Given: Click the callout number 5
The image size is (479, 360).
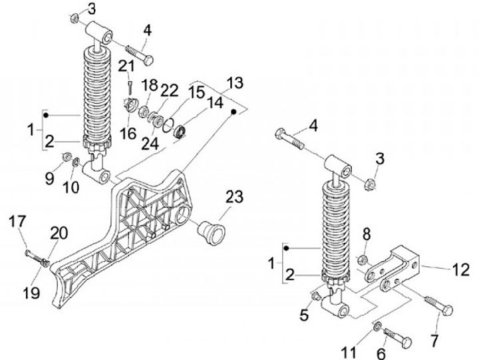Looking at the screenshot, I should (x=304, y=315).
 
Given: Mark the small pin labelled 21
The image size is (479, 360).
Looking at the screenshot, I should (x=131, y=85).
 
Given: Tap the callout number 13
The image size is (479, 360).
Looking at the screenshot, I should (x=235, y=83).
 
